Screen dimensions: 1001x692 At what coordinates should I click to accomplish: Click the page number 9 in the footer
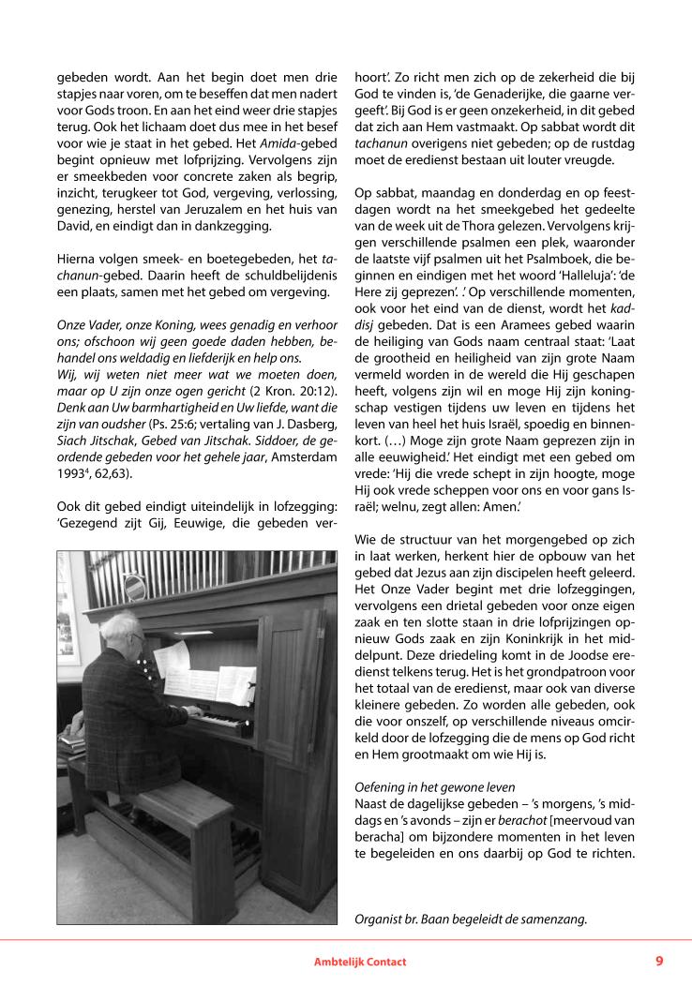click(x=659, y=961)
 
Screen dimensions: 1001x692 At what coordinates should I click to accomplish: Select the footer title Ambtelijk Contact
click(x=360, y=962)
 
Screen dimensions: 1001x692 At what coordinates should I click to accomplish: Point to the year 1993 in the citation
click(x=75, y=474)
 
